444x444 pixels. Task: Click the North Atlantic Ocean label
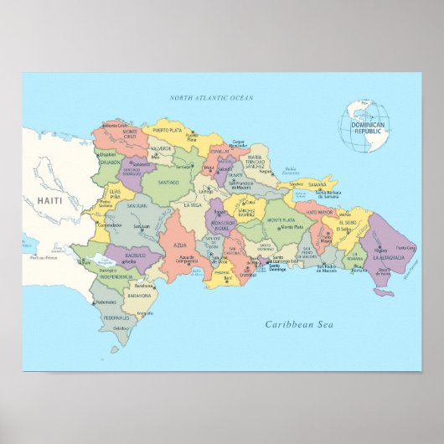click(x=211, y=98)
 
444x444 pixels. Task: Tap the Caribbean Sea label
click(x=299, y=324)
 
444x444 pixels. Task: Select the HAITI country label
click(x=49, y=201)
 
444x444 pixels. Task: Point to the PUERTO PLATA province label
click(x=167, y=131)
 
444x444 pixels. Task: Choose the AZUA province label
click(x=180, y=245)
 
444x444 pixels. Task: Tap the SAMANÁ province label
click(x=318, y=185)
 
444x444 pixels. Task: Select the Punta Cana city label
click(x=405, y=248)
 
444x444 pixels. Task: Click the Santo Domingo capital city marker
click(x=266, y=263)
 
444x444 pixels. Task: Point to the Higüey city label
click(x=381, y=249)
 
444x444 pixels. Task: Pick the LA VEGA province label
click(x=192, y=205)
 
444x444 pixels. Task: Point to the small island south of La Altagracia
click(x=383, y=292)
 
